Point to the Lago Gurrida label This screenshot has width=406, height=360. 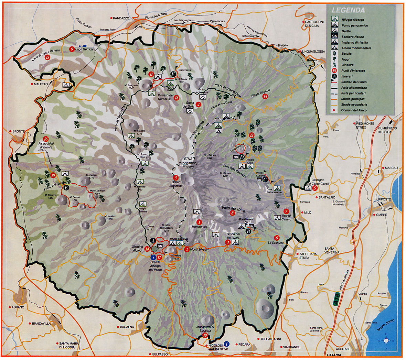point(84,50)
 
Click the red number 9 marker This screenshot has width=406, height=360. point(72,49)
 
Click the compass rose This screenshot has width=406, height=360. point(386,340)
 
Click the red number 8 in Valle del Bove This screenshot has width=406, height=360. point(233,213)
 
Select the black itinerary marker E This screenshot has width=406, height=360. point(66,187)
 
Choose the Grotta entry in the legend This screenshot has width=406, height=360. point(346,31)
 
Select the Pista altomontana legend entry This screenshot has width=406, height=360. point(354,88)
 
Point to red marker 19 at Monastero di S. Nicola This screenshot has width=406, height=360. point(205,336)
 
